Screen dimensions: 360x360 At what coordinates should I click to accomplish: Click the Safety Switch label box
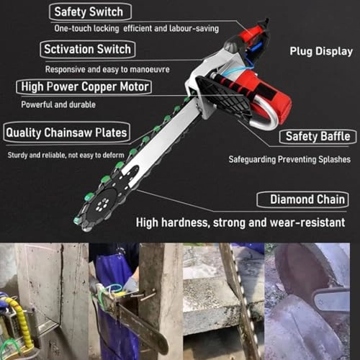tap(91, 12)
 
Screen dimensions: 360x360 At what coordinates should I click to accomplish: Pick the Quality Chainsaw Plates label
tap(66, 132)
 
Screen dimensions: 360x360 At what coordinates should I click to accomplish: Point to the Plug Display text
tap(320, 51)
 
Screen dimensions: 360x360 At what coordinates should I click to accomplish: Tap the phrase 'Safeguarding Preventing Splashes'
tap(289, 159)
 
